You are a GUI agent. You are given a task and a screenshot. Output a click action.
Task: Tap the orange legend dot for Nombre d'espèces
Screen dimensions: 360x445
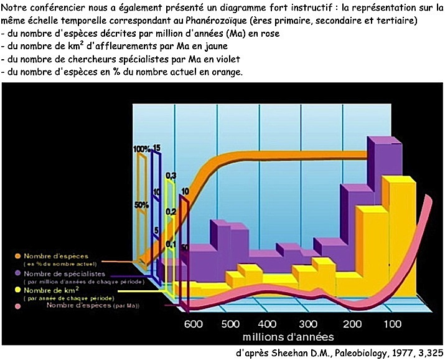click(18, 256)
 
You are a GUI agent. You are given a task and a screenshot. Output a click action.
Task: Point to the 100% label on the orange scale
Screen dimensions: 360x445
click(141, 149)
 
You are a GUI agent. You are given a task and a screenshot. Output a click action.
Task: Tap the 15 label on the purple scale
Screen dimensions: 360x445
click(157, 148)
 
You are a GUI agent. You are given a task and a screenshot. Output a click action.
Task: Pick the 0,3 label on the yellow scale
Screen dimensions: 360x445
click(171, 175)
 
